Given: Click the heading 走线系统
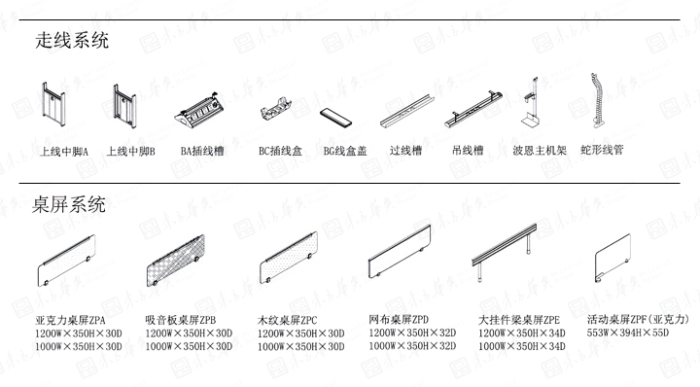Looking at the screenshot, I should (71, 41).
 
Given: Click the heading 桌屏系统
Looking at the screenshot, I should (71, 204).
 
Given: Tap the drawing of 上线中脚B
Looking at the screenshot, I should (123, 107).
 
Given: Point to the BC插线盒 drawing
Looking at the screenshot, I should (276, 109).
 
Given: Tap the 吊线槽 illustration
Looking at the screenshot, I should (474, 111).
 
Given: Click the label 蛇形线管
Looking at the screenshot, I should (602, 151).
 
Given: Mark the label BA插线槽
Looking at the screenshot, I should (202, 152).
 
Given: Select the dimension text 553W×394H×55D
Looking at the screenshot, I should (629, 333).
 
